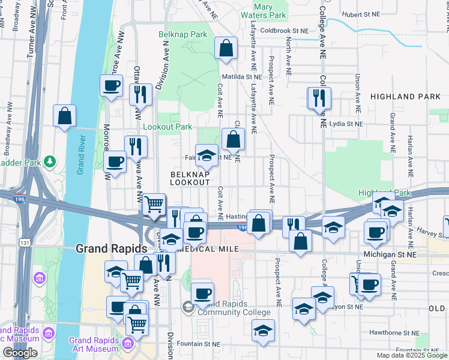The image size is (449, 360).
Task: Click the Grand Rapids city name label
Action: tap(111, 248)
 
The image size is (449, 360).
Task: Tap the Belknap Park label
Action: tap(182, 35)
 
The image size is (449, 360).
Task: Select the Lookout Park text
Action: tap(167, 127)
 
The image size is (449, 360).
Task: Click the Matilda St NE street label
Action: tap(242, 77)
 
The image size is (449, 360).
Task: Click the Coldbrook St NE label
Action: tap(284, 30)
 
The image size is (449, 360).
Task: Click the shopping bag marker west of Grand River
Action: tap(64, 116)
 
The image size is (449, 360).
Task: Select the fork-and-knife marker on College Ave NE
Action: tap(319, 98)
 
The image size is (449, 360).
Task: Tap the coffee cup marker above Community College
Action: tap(203, 294)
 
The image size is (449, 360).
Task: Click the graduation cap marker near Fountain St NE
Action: tap(263, 331)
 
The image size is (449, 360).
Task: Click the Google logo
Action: tap(20, 353)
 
